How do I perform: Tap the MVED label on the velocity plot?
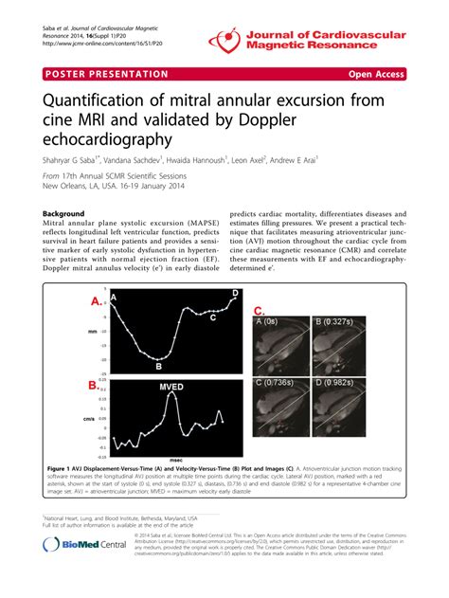(171, 387)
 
